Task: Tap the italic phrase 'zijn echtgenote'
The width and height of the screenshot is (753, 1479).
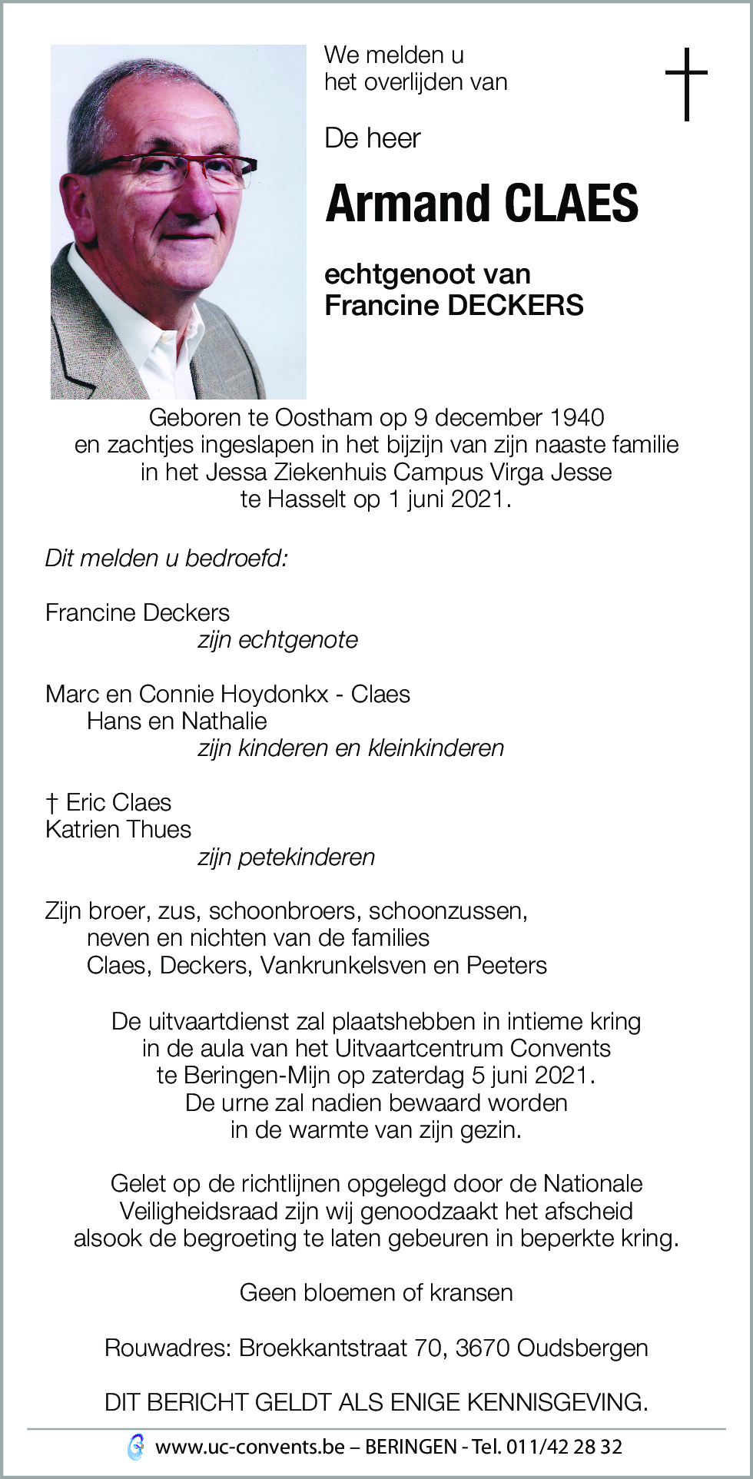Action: tap(278, 640)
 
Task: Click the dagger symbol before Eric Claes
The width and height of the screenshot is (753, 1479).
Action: tap(51, 804)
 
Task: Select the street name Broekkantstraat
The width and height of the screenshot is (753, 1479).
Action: tap(323, 1348)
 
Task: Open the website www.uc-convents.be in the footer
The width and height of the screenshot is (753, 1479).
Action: tap(250, 1447)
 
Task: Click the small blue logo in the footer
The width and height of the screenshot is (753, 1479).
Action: tap(136, 1447)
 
